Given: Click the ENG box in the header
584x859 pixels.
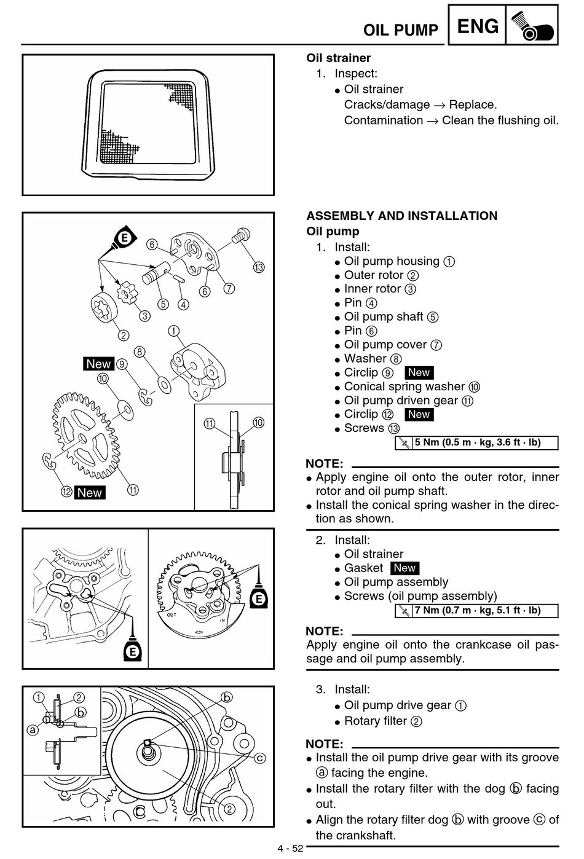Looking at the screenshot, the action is pyautogui.click(x=477, y=25).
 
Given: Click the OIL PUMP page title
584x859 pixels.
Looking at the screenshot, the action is pyautogui.click(x=400, y=30).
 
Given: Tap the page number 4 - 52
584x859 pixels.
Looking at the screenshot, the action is pyautogui.click(x=290, y=848).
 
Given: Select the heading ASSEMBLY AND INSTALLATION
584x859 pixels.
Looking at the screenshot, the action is pyautogui.click(x=402, y=216).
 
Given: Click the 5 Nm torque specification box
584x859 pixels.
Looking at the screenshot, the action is pyautogui.click(x=476, y=442).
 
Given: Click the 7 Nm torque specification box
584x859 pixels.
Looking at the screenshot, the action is pyautogui.click(x=476, y=610).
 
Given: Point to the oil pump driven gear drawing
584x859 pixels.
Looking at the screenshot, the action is pyautogui.click(x=86, y=435).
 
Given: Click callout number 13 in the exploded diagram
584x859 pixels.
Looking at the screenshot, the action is pyautogui.click(x=259, y=267).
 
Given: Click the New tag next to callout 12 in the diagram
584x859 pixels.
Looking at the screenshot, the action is pyautogui.click(x=89, y=493).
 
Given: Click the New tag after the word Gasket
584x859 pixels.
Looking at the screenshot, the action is pyautogui.click(x=404, y=568).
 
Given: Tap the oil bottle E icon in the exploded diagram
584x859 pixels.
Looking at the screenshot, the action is pyautogui.click(x=124, y=239).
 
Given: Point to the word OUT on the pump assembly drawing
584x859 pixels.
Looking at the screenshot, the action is pyautogui.click(x=172, y=614).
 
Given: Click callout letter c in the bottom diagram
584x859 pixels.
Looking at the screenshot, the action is pyautogui.click(x=260, y=758).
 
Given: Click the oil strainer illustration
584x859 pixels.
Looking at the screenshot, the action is pyautogui.click(x=148, y=124).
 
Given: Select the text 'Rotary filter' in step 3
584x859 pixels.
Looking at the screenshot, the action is pyautogui.click(x=375, y=721).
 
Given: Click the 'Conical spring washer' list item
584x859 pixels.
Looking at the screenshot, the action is pyautogui.click(x=404, y=386).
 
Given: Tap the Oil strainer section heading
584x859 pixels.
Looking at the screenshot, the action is pyautogui.click(x=339, y=58).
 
